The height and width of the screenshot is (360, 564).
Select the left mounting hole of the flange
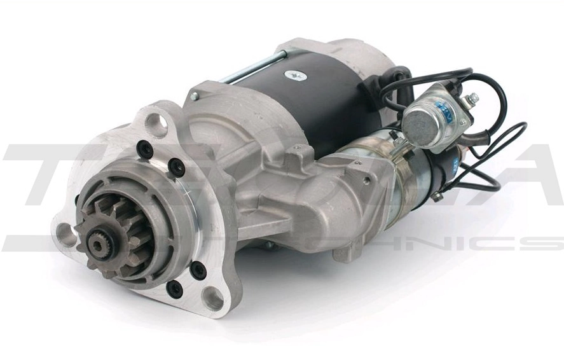pyautogui.click(x=65, y=234)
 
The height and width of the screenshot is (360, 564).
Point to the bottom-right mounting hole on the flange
pyautogui.click(x=212, y=297)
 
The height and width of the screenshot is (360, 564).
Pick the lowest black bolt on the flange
pyautogui.click(x=174, y=289)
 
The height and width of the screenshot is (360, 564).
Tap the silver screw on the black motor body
pyautogui.click(x=294, y=75)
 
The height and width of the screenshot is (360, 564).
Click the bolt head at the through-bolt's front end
pyautogui.click(x=194, y=97)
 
